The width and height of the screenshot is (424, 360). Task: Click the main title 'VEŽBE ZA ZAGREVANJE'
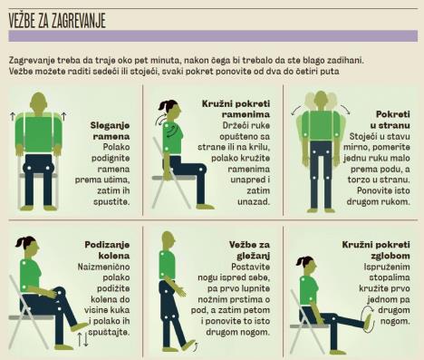coord(57,21)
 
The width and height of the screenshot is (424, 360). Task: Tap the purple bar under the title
coord(213,35)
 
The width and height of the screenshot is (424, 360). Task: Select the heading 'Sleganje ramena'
coord(110,131)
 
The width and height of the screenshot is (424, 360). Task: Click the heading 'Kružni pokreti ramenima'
coord(236,109)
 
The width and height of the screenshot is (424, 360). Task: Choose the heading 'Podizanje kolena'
coord(107,250)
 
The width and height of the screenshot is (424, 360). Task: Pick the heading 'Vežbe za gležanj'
coord(249,250)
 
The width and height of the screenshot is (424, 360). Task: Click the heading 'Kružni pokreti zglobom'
coord(376,250)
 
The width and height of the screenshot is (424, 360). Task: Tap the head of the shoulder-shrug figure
coord(39,103)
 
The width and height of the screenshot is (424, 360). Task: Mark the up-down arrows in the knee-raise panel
coord(82,339)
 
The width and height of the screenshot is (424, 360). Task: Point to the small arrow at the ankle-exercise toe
coord(196,347)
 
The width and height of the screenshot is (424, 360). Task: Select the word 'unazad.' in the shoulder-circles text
coord(254,201)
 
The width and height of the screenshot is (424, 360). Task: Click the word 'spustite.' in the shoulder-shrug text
coord(111,201)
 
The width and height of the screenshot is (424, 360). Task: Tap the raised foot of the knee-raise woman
coord(80,326)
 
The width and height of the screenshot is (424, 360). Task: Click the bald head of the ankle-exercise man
coord(168,240)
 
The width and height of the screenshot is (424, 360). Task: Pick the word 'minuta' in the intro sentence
coord(164,60)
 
